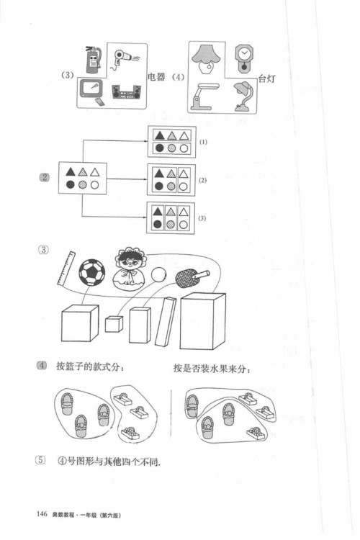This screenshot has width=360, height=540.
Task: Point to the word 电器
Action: [x=156, y=77]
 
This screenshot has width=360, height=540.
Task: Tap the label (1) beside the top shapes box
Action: [x=203, y=142]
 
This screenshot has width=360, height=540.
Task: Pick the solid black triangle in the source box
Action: [x=71, y=171]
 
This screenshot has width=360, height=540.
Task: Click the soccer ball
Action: [x=91, y=274]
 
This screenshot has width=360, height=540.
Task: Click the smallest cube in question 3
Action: [x=113, y=324]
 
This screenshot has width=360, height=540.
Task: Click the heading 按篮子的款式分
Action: [x=96, y=369]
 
